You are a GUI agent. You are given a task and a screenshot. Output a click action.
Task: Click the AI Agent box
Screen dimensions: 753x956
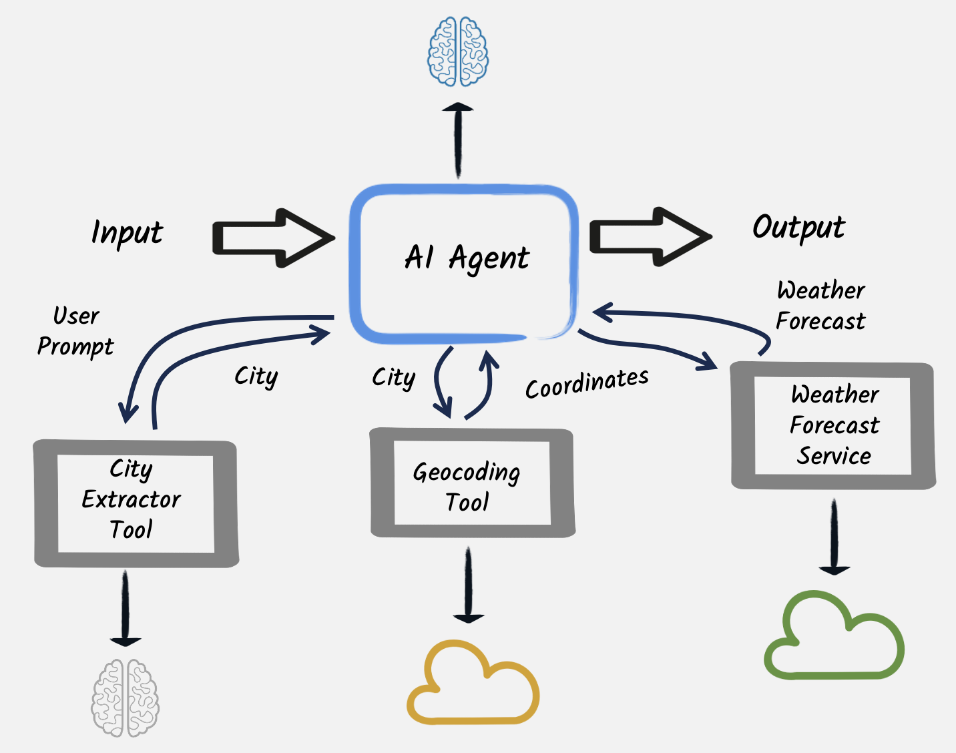pyautogui.click(x=463, y=263)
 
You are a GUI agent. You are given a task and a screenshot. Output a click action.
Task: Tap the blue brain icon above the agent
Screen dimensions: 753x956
pyautogui.click(x=458, y=52)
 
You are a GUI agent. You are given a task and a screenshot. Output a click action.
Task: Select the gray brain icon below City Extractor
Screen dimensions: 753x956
pyautogui.click(x=126, y=698)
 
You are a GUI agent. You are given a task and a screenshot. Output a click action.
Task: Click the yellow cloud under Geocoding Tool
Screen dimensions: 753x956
pyautogui.click(x=473, y=684)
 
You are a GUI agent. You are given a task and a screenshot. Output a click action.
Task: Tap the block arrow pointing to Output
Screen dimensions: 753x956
pyautogui.click(x=650, y=237)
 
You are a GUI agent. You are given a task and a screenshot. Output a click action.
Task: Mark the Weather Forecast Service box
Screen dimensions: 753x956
pyautogui.click(x=833, y=426)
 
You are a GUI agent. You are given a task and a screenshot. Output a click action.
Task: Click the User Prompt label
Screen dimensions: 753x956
pyautogui.click(x=75, y=331)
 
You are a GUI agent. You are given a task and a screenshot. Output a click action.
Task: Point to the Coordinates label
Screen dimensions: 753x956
pyautogui.click(x=587, y=383)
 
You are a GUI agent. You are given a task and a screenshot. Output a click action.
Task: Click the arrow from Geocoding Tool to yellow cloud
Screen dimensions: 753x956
pyautogui.click(x=469, y=583)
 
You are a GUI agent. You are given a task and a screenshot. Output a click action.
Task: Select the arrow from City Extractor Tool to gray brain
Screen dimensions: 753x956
pyautogui.click(x=126, y=607)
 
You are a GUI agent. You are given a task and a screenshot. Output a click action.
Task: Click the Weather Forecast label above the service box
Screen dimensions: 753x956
pyautogui.click(x=820, y=306)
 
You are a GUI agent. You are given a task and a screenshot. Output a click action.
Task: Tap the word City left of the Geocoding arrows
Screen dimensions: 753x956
pyautogui.click(x=394, y=378)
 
